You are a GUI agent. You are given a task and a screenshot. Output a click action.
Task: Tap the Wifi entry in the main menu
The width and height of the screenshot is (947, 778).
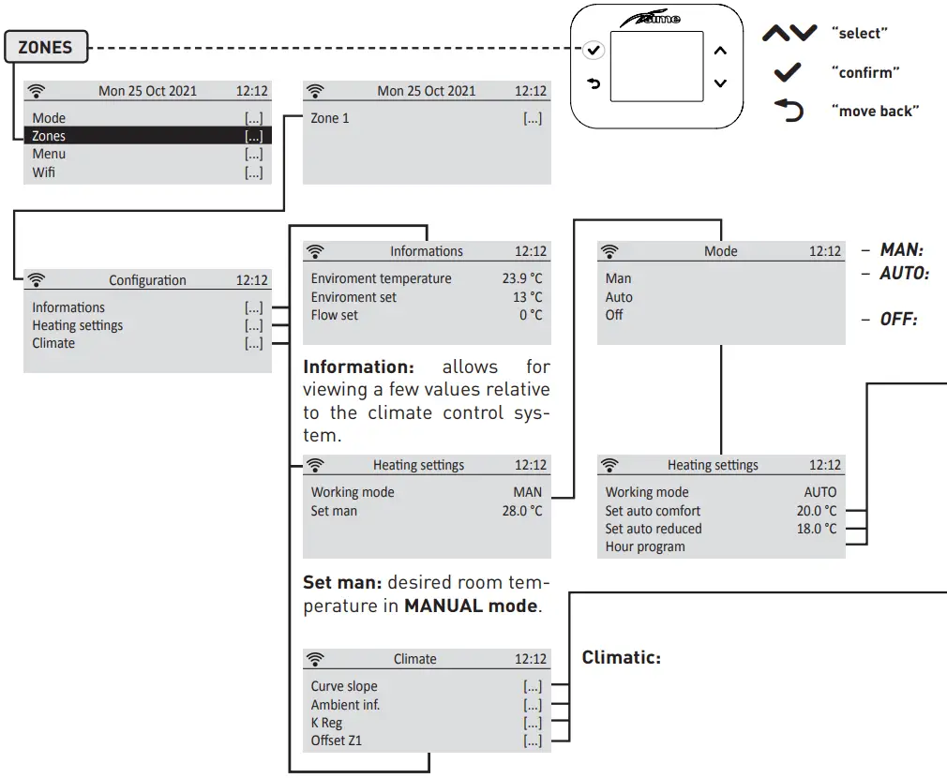pyautogui.click(x=44, y=172)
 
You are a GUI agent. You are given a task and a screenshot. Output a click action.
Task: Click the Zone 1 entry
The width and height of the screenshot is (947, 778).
pyautogui.click(x=330, y=119)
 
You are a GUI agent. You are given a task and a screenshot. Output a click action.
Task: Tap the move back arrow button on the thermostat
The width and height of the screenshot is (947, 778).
pyautogui.click(x=593, y=83)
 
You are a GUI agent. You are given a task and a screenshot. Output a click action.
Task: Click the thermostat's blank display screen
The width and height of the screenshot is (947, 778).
pyautogui.click(x=656, y=67)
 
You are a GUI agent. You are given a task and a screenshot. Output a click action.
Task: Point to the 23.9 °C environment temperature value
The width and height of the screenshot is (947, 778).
pyautogui.click(x=521, y=278)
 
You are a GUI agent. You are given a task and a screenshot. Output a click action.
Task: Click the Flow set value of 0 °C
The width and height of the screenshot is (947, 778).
pyautogui.click(x=531, y=315)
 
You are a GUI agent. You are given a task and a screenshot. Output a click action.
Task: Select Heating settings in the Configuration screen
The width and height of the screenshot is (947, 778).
pyautogui.click(x=78, y=325)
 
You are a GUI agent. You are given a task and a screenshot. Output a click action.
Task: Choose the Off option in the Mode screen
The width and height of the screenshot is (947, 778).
pyautogui.click(x=614, y=315)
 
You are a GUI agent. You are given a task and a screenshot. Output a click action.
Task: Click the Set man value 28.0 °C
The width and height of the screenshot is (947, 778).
pyautogui.click(x=521, y=511)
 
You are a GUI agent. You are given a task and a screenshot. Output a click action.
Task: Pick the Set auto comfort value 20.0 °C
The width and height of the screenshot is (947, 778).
pyautogui.click(x=816, y=511)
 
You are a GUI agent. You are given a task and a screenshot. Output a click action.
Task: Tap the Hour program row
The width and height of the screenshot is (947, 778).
pyautogui.click(x=645, y=546)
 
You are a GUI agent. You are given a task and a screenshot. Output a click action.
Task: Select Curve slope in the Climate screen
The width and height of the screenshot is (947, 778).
pyautogui.click(x=344, y=686)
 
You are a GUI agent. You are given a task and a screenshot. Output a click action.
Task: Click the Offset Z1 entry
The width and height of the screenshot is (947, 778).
pyautogui.click(x=337, y=741)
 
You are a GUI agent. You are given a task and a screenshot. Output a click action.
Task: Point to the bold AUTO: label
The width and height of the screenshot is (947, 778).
pyautogui.click(x=904, y=274)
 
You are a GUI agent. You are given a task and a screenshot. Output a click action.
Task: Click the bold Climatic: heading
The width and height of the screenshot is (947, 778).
pyautogui.click(x=621, y=657)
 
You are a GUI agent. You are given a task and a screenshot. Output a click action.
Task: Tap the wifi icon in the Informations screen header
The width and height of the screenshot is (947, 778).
pyautogui.click(x=315, y=251)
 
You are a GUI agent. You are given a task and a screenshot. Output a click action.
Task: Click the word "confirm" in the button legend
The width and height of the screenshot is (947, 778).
pyautogui.click(x=862, y=72)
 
